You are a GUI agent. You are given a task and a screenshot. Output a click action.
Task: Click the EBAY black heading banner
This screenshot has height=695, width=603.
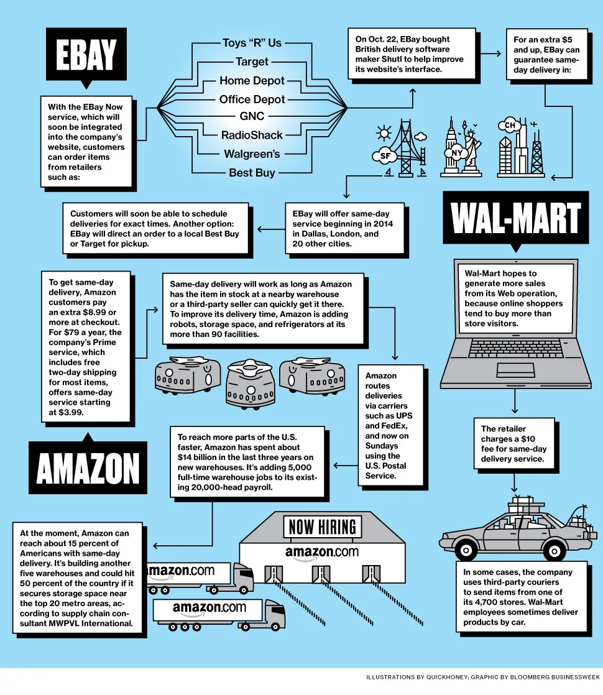point(86,56)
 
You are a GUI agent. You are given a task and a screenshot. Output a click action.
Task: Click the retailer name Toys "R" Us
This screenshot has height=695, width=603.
point(252,43)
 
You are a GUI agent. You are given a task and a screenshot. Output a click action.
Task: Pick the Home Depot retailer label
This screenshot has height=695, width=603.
point(252,80)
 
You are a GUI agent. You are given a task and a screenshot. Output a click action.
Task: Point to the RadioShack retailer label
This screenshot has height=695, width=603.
point(252,135)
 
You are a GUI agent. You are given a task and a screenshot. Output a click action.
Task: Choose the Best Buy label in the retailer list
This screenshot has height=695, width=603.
point(252,172)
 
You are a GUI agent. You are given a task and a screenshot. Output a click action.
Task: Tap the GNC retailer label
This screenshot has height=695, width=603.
point(252,116)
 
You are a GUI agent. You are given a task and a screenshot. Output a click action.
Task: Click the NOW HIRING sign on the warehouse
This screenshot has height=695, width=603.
point(322,528)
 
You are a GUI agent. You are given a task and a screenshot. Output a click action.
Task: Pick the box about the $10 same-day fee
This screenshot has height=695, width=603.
point(513,444)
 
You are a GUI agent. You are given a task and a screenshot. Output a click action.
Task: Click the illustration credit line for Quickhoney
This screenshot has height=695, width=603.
point(482,676)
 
